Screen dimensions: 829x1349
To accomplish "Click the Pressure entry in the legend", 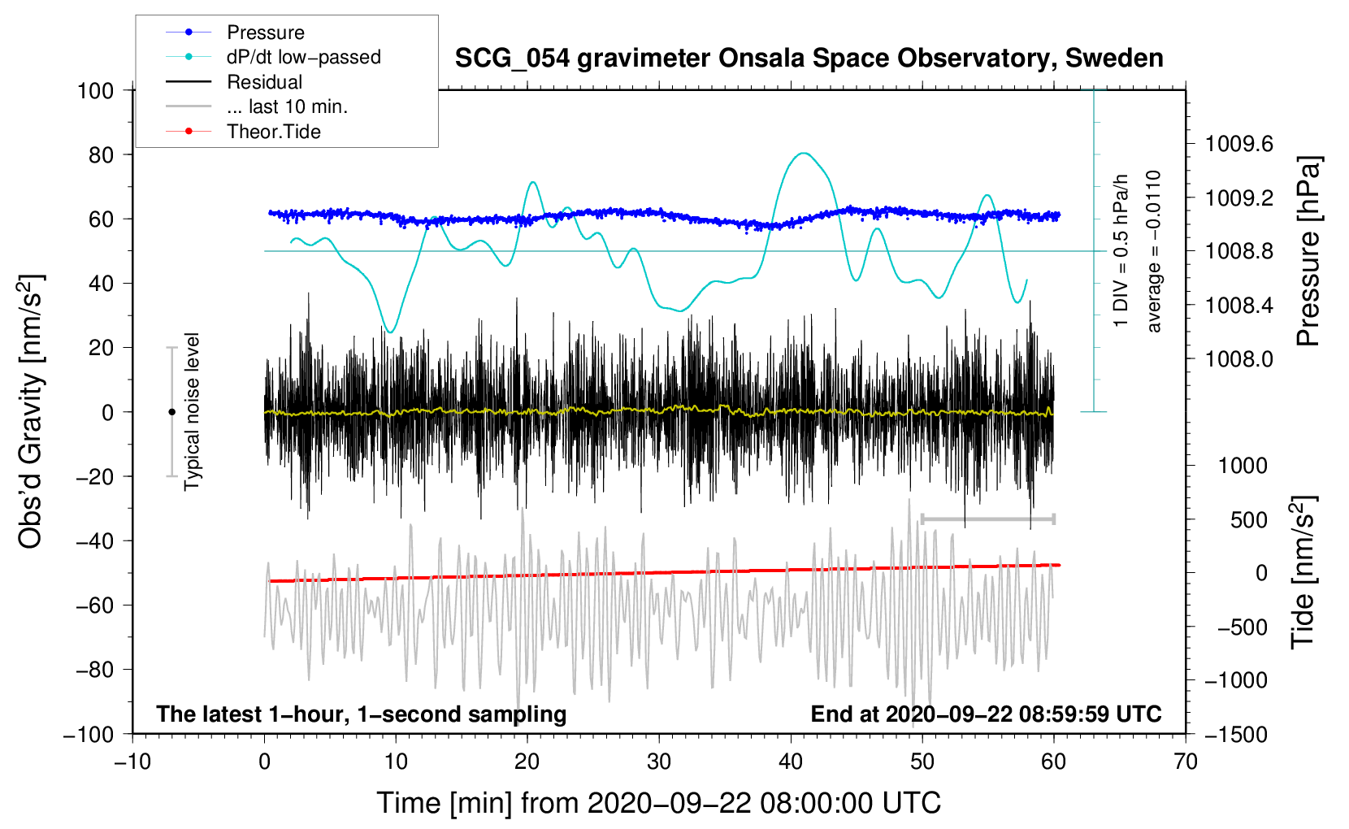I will (265, 33).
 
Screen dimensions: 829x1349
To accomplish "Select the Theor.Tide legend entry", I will (273, 132).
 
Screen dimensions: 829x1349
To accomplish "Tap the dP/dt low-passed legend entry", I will (303, 57).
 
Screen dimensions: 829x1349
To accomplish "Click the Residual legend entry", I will (264, 82).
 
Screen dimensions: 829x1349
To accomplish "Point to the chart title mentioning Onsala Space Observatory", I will (809, 59).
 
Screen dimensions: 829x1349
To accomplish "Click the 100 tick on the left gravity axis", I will (95, 90).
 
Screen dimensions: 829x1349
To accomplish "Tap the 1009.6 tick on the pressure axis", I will (1238, 145).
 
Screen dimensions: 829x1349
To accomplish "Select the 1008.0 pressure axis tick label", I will (1238, 359).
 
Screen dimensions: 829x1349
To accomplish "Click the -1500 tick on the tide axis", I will (1235, 735).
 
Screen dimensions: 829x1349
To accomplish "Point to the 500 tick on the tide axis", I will (1248, 520).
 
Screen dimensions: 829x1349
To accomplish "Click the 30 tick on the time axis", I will (659, 762).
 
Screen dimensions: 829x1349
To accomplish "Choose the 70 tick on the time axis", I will (1186, 762).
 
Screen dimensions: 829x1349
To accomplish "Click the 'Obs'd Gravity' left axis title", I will (31, 411).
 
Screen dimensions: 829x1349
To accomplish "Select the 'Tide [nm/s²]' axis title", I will (1302, 572).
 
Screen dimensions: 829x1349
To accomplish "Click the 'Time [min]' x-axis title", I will (658, 803).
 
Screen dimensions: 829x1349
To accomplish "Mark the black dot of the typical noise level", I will (171, 412).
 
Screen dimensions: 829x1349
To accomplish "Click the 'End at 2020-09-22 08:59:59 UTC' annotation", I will (986, 714).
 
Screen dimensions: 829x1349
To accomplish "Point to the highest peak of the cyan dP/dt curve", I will (804, 153).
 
